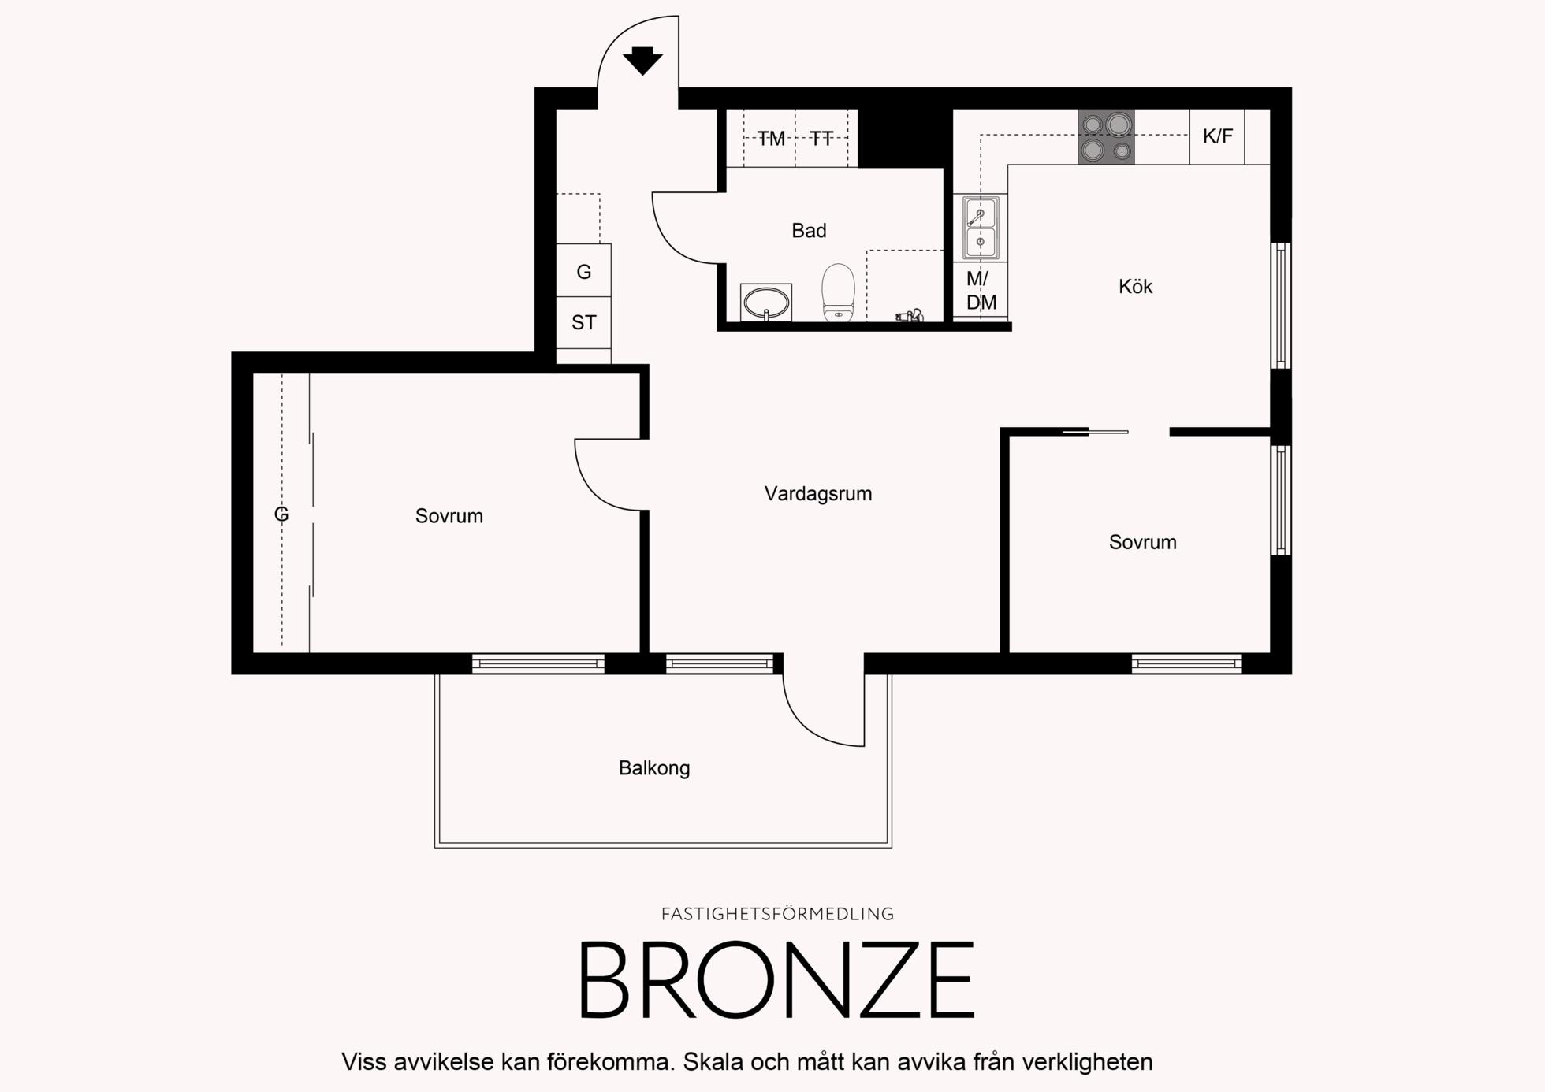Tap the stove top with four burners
[1107, 136]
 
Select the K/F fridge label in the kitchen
[1218, 136]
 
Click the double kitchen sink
[981, 228]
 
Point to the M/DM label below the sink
[981, 290]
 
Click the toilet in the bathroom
[838, 292]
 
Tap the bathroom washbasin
[766, 303]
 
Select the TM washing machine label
[772, 139]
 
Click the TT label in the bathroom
[821, 139]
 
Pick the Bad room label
[809, 231]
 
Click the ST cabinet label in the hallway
[584, 322]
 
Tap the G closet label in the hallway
[584, 272]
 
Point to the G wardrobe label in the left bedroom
[281, 514]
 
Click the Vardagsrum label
[818, 494]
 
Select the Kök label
[1135, 286]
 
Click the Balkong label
[654, 768]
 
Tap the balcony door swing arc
[806, 726]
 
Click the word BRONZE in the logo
[777, 980]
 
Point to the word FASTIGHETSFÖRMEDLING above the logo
[777, 914]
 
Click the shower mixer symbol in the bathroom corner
[910, 316]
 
